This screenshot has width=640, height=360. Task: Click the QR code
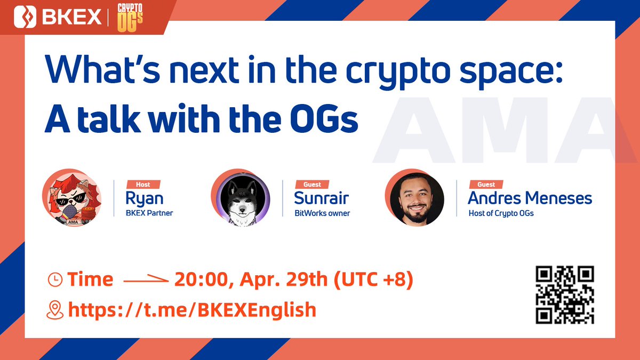coord(565,295)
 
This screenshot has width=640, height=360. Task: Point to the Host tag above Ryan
coord(142,185)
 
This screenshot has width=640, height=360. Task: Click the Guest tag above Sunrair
coord(311,185)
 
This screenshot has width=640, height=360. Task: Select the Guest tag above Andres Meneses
coord(486,185)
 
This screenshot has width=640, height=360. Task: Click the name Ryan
coord(144,198)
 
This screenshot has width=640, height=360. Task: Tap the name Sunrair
coord(321,198)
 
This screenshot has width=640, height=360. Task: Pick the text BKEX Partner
coord(149,213)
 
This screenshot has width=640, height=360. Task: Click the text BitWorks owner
coord(323,213)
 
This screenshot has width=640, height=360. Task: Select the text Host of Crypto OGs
coord(501,213)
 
